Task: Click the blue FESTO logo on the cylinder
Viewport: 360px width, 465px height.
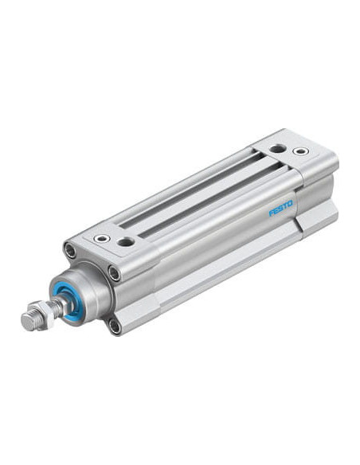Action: click(280, 209)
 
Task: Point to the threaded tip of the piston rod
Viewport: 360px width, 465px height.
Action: click(29, 321)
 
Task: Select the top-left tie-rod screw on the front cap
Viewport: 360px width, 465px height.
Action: click(70, 251)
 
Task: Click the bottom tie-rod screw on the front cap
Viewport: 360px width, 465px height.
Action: click(115, 326)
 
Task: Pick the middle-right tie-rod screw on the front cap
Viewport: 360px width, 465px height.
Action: click(114, 273)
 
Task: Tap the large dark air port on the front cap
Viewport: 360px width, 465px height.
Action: click(126, 241)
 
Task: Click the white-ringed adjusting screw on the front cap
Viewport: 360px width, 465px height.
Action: click(102, 237)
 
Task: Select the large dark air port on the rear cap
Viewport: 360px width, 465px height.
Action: click(277, 149)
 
